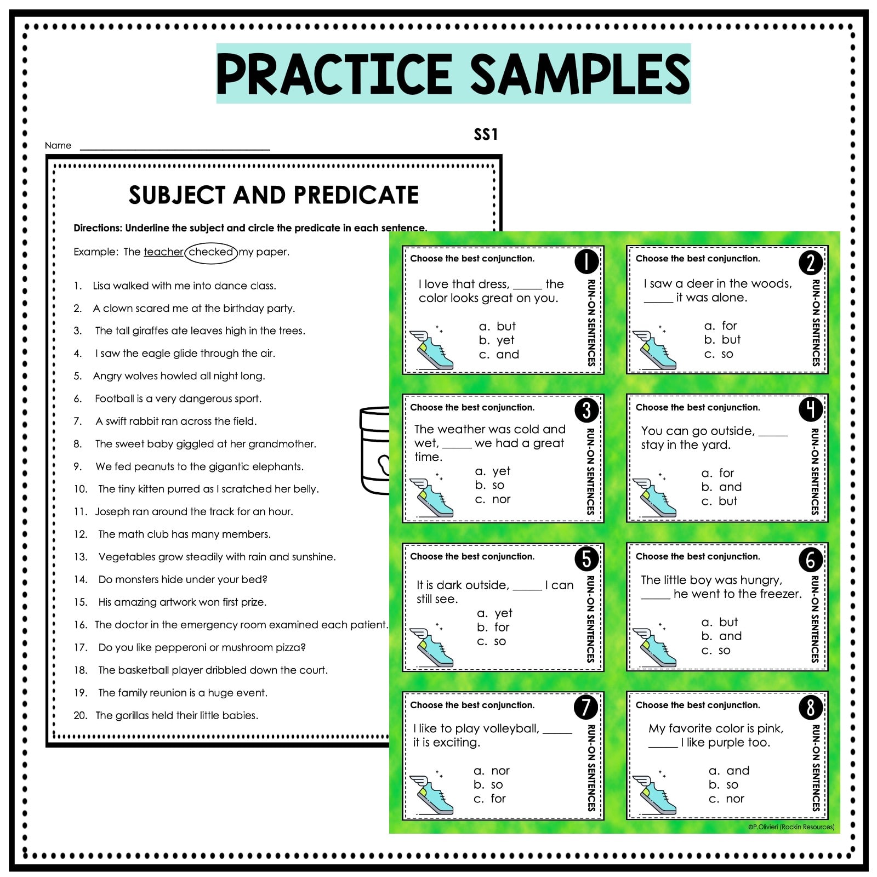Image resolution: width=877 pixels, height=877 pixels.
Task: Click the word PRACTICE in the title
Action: click(333, 74)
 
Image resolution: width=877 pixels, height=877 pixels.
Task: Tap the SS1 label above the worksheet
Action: click(486, 135)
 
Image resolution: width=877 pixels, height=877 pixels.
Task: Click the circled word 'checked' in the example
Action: click(211, 252)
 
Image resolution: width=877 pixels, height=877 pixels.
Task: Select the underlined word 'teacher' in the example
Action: click(163, 252)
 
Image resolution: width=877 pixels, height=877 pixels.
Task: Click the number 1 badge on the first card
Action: click(586, 261)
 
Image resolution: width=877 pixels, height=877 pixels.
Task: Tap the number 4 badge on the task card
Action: click(811, 409)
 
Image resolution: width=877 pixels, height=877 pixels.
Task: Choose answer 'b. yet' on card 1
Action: click(497, 340)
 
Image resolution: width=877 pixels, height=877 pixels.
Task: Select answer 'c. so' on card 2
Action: click(719, 354)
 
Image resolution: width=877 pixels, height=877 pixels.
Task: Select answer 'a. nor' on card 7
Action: click(492, 771)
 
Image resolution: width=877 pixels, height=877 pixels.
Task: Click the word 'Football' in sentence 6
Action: click(114, 398)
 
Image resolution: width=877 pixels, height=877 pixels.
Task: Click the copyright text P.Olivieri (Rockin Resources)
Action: click(791, 827)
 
